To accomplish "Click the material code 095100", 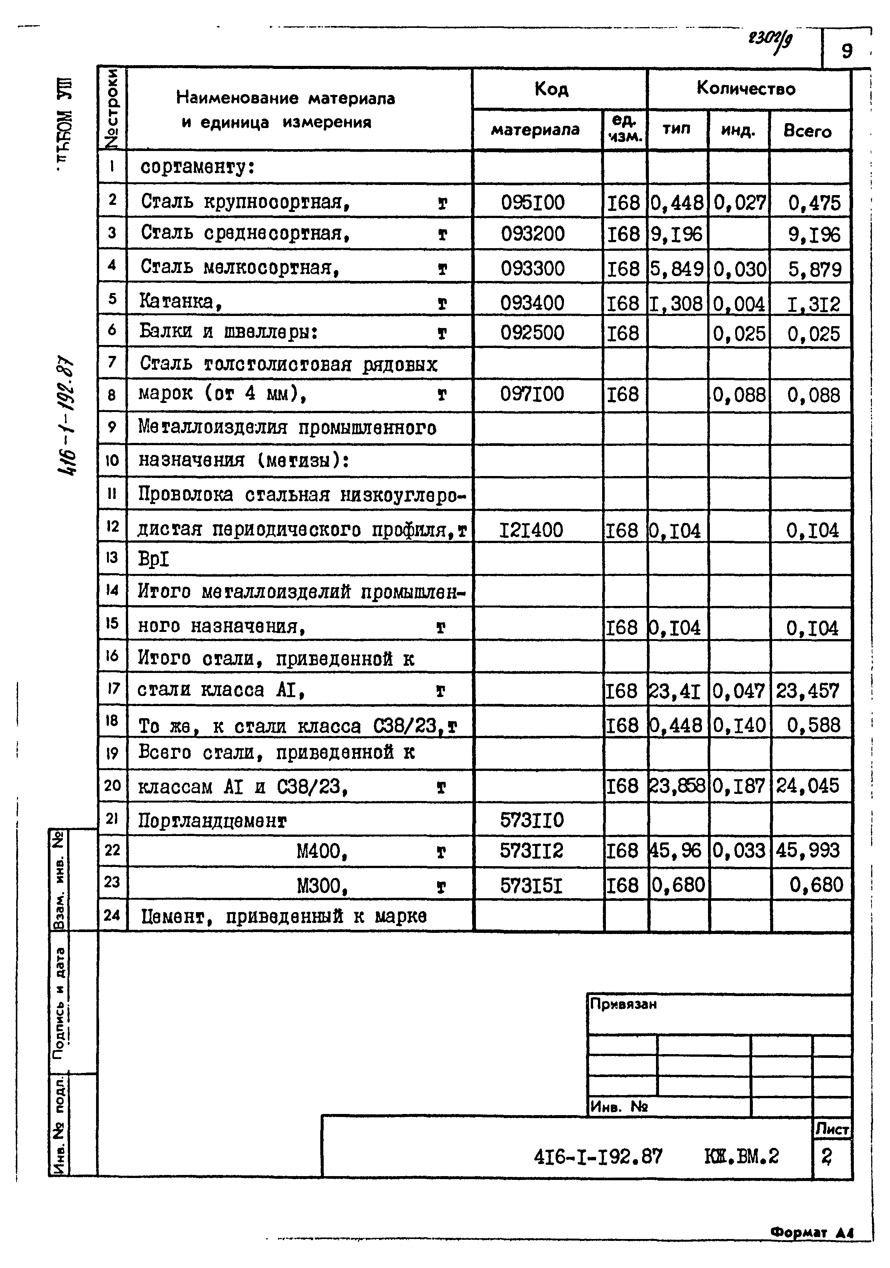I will tap(532, 203).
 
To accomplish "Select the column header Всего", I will tap(807, 131).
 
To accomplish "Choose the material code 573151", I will tap(531, 886).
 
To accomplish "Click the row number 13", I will tap(112, 558).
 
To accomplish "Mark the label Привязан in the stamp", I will tap(623, 1004).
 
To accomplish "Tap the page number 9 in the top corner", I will tap(846, 51).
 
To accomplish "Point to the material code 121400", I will tap(531, 530).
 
